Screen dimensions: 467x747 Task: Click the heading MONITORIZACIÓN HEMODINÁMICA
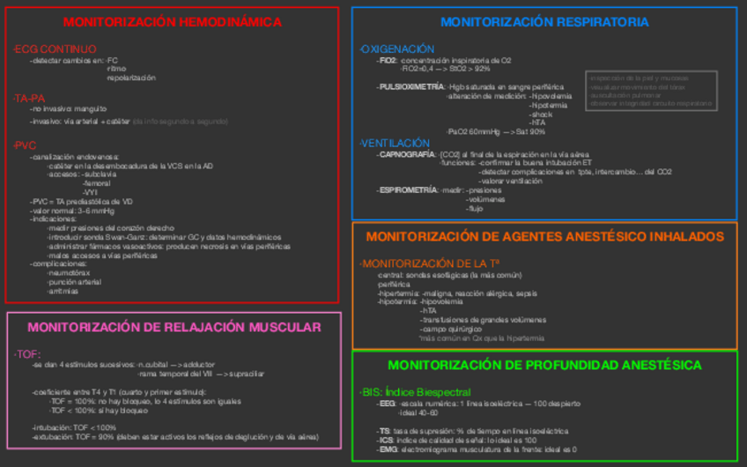point(173,22)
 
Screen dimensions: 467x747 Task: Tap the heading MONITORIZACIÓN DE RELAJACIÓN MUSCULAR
point(174,327)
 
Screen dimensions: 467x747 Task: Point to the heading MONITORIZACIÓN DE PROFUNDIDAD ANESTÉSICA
point(544,365)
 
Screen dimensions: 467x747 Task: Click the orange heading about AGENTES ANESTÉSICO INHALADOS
point(544,237)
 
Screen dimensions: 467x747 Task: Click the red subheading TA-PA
point(29,99)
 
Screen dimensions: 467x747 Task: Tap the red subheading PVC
point(26,145)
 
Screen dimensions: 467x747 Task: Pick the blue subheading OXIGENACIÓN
point(397,49)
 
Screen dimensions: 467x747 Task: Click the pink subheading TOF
point(27,353)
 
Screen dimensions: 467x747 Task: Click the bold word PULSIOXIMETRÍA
point(412,87)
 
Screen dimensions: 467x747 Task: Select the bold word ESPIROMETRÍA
point(408,190)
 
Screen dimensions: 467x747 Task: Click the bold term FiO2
point(388,61)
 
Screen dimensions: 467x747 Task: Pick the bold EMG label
point(387,448)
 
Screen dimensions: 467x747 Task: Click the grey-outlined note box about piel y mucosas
point(652,91)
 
